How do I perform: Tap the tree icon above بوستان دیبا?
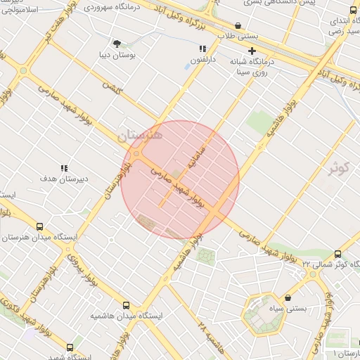tap(117, 43)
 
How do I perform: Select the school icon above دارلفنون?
tap(202, 49)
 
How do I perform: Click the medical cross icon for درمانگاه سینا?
tap(252, 51)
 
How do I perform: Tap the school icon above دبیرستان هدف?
tap(64, 168)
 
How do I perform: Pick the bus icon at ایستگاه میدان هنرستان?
tap(39, 226)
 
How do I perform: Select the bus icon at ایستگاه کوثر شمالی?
tap(338, 254)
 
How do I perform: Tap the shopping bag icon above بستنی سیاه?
tap(289, 298)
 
